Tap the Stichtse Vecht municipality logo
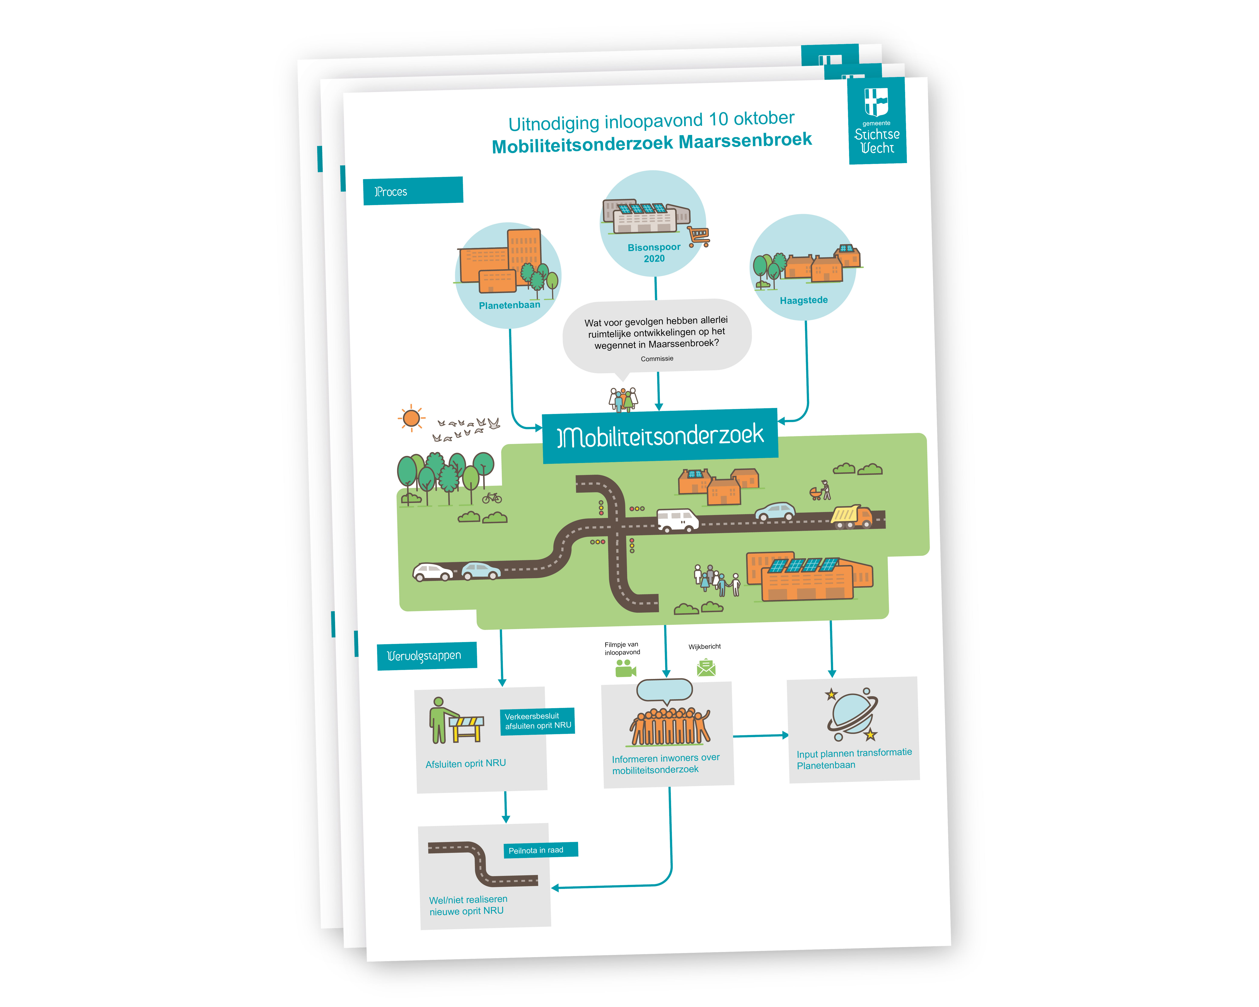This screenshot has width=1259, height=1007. pyautogui.click(x=877, y=121)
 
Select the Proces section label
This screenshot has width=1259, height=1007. pyautogui.click(x=413, y=191)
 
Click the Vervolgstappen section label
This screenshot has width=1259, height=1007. pyautogui.click(x=426, y=655)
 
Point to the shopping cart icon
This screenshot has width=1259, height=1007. pyautogui.click(x=698, y=236)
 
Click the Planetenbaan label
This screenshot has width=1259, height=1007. pyautogui.click(x=509, y=305)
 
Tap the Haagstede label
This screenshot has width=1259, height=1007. pyautogui.click(x=803, y=300)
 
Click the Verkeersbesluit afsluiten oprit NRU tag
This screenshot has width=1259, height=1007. pyautogui.click(x=537, y=721)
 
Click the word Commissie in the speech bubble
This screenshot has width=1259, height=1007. pyautogui.click(x=657, y=358)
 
